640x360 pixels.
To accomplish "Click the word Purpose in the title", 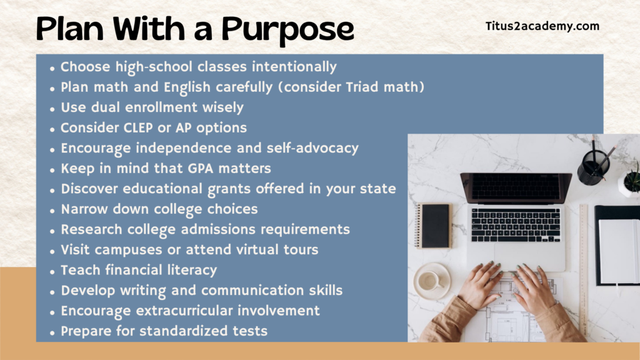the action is (287, 30).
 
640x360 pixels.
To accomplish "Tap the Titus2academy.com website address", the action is (542, 26).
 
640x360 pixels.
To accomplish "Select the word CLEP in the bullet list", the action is (137, 127).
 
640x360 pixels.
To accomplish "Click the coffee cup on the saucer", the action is (429, 281).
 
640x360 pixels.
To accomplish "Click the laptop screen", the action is (516, 187).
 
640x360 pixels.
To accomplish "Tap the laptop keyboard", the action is (516, 225).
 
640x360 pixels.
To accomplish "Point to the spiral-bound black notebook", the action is (433, 226).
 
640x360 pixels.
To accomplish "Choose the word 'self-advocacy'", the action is (312, 148).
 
